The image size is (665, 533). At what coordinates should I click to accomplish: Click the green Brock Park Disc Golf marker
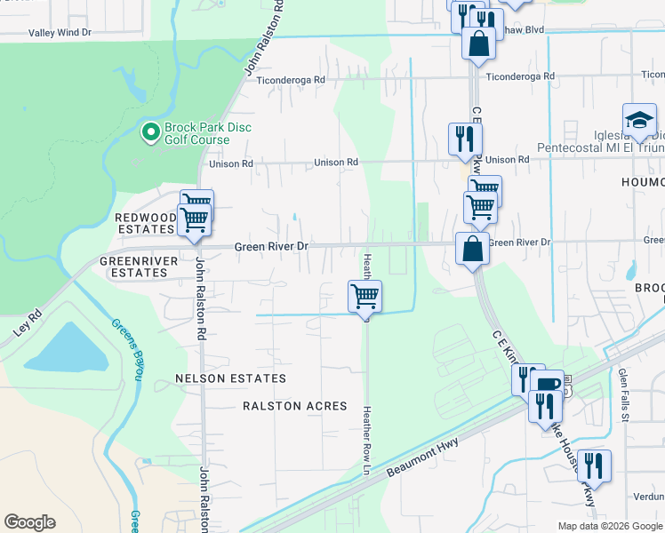click(x=150, y=133)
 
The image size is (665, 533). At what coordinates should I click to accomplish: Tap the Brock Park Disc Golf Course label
click(x=206, y=133)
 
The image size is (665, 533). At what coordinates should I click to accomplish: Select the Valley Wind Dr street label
click(x=60, y=33)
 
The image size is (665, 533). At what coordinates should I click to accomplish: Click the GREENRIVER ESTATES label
click(x=133, y=267)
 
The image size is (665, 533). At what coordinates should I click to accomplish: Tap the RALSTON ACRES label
click(x=294, y=406)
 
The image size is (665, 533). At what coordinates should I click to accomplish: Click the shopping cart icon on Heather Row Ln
click(x=364, y=296)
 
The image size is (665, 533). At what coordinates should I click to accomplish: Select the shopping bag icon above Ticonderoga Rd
click(x=478, y=43)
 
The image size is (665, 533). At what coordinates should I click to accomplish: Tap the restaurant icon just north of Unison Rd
click(x=465, y=138)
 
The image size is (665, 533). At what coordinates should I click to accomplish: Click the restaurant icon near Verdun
click(x=593, y=466)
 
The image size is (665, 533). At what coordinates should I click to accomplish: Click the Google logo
click(x=29, y=522)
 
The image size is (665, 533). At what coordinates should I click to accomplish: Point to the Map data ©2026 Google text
click(x=610, y=526)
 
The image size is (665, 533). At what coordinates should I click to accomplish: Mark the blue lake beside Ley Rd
click(x=62, y=347)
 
